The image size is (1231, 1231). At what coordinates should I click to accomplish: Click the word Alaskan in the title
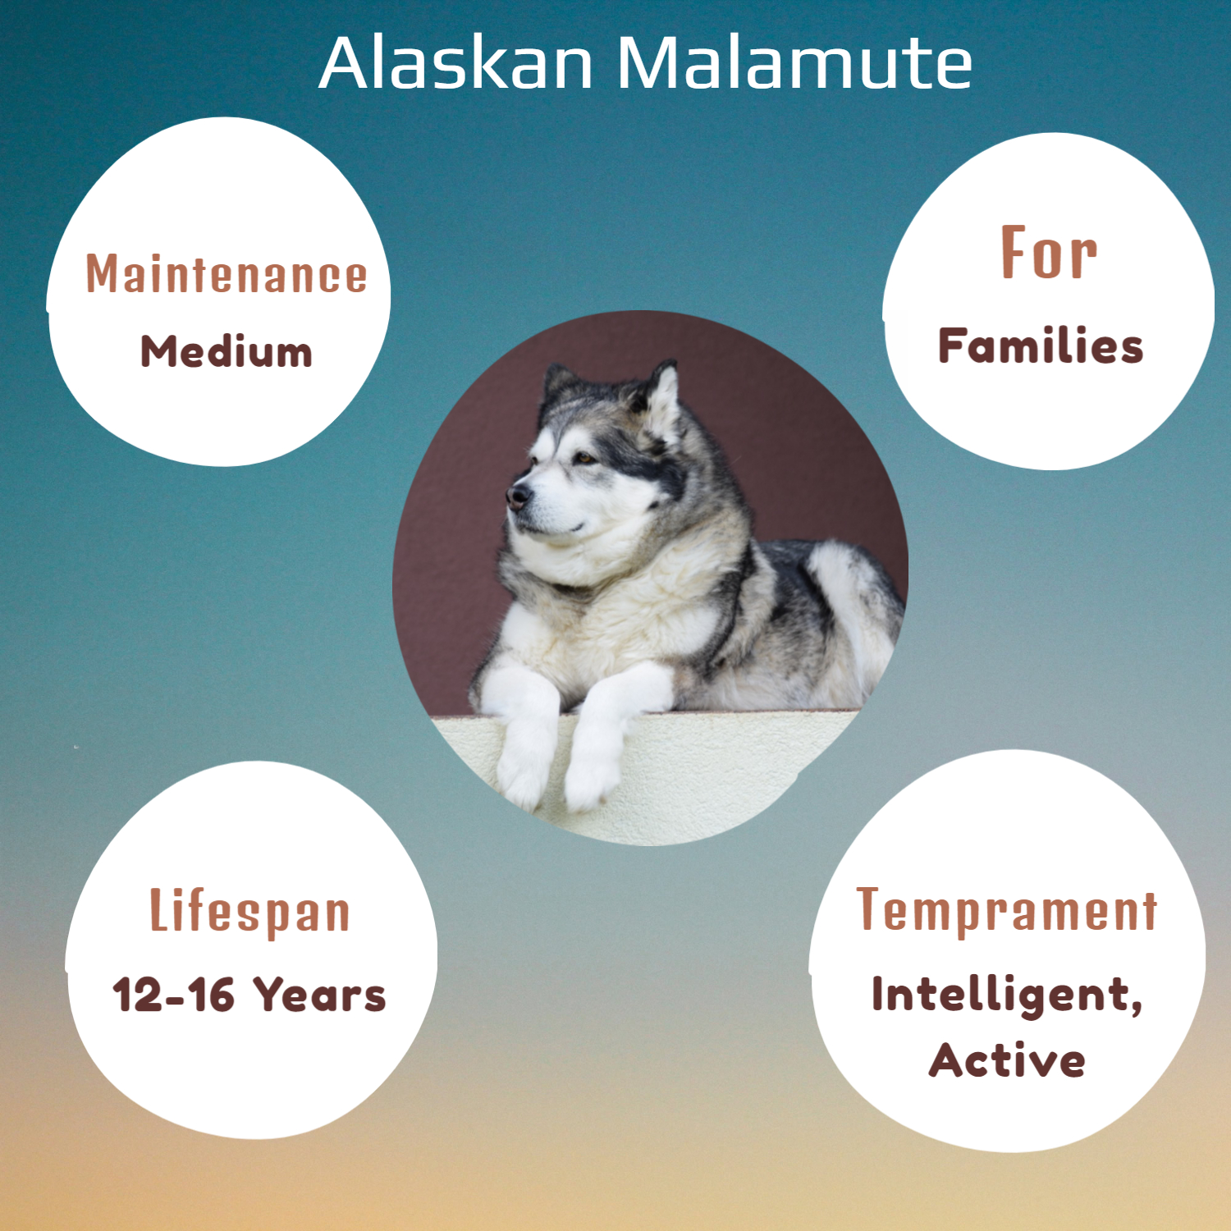coord(455,63)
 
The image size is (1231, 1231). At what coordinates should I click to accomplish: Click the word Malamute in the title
coord(794,63)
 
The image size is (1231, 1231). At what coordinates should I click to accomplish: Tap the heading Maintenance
coord(227,274)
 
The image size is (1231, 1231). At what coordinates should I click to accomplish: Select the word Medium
coord(227,352)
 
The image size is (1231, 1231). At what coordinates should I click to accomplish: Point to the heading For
coord(1049,253)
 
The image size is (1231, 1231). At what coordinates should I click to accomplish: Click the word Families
coord(1041,346)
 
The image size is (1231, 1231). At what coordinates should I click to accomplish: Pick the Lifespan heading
coord(249,911)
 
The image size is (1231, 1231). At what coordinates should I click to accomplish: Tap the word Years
coord(318,995)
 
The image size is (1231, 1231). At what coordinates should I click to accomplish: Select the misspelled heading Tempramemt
coord(1007,910)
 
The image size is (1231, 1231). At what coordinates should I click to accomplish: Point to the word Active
coord(1007,1060)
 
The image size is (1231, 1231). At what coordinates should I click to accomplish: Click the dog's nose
coord(518,495)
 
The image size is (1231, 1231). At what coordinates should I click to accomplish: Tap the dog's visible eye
coord(585,458)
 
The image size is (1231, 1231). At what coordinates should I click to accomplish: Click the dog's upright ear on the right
coord(663,394)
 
